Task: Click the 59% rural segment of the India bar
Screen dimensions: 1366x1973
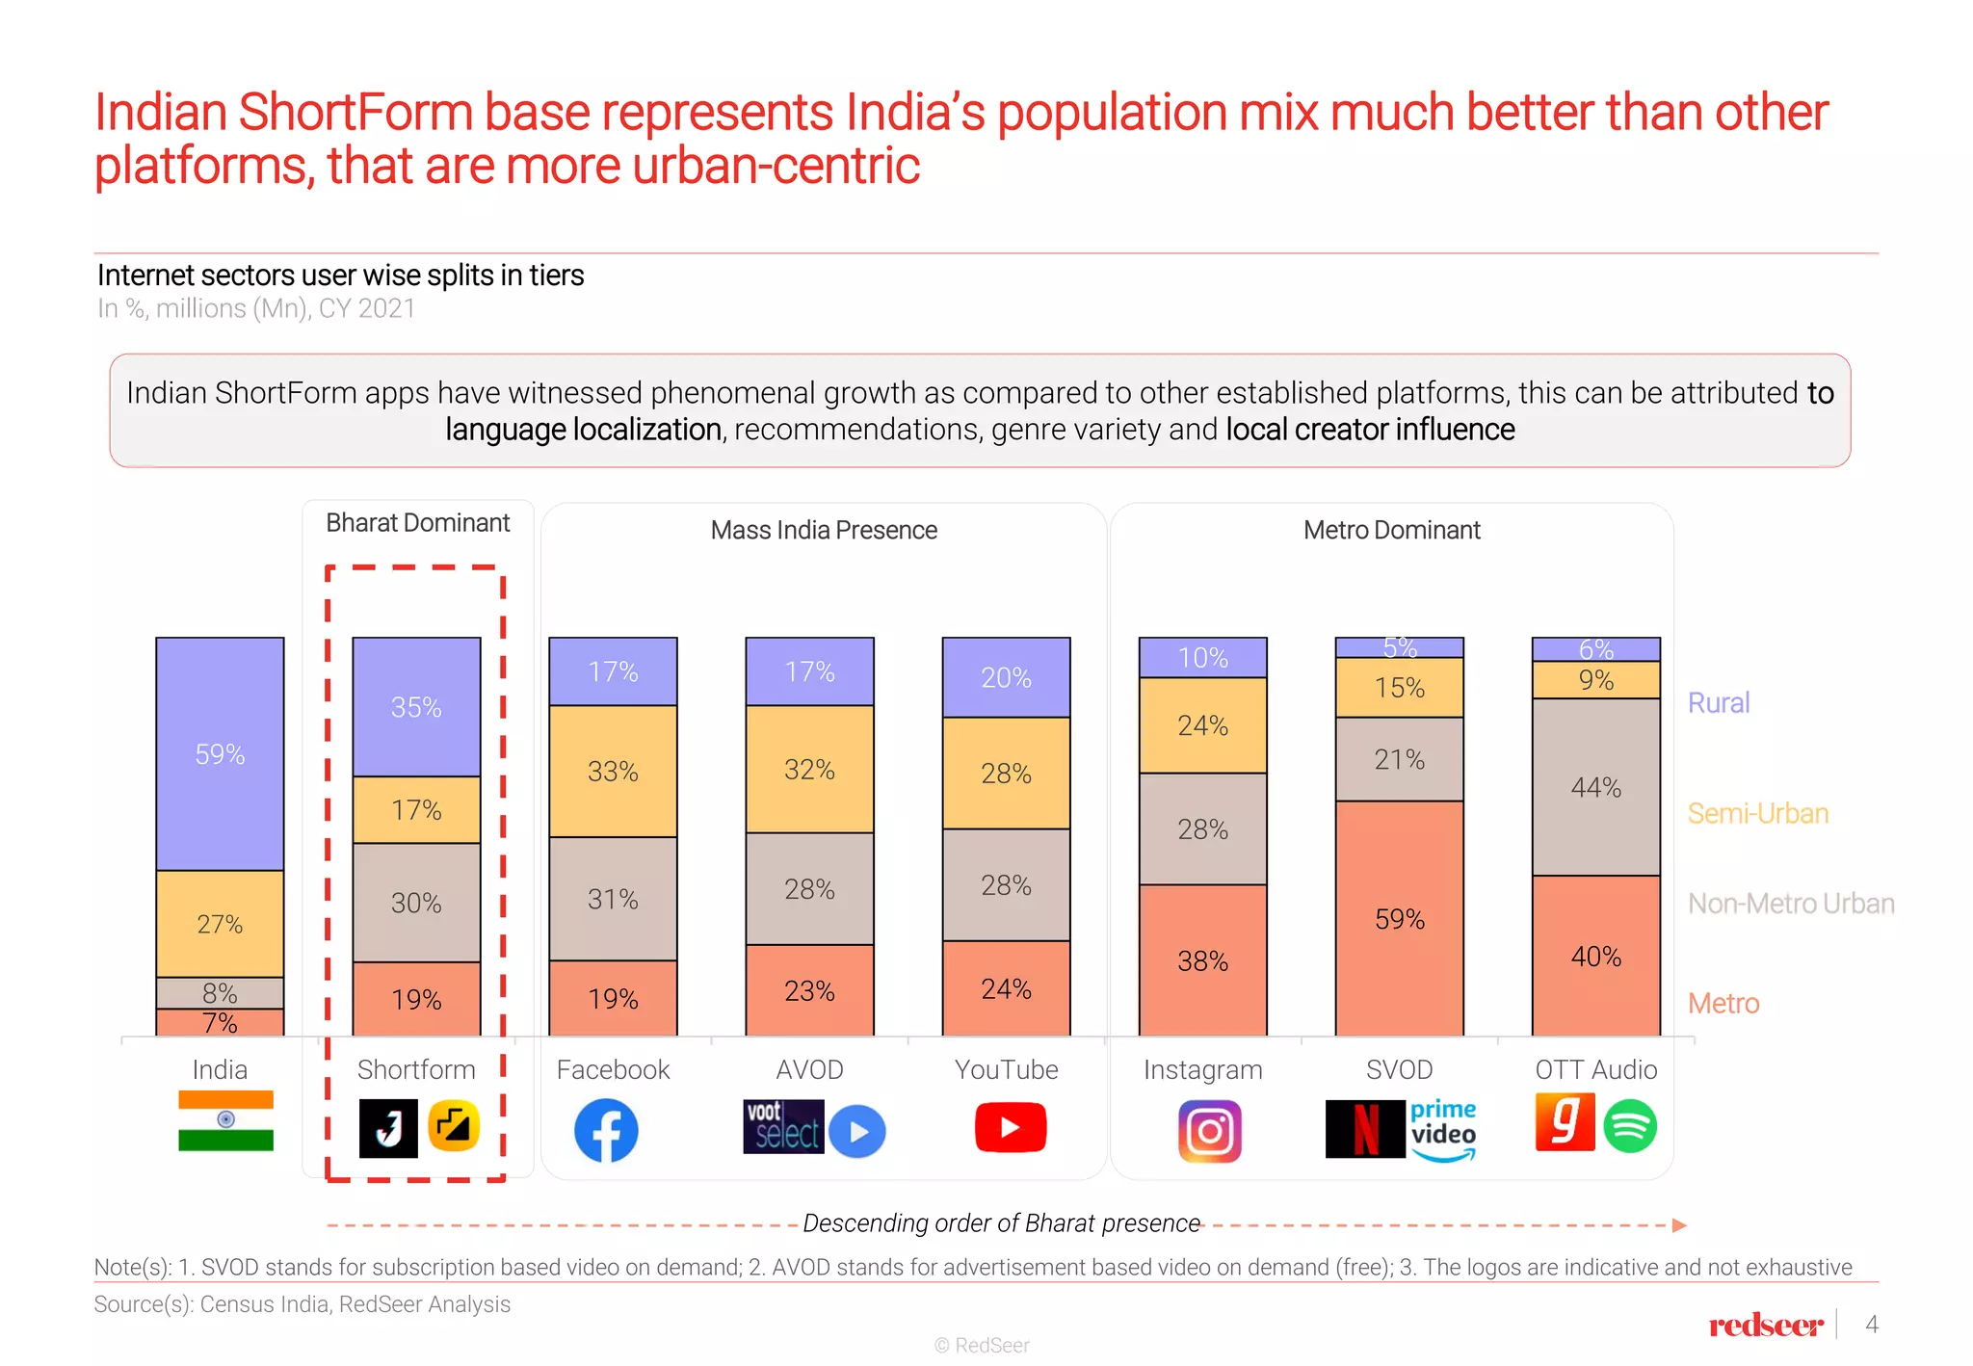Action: click(x=220, y=753)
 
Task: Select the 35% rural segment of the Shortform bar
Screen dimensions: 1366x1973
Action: click(x=416, y=707)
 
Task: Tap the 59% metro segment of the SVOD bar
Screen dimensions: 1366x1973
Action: click(x=1399, y=918)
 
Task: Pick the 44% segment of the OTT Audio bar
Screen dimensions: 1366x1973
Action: click(x=1595, y=787)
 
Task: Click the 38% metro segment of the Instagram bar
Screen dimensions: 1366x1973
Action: click(x=1202, y=960)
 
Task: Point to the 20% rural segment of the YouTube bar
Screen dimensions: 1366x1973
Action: click(x=1006, y=677)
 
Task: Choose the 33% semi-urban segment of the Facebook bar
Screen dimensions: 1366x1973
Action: click(x=613, y=771)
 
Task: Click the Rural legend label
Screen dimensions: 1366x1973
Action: click(x=1718, y=702)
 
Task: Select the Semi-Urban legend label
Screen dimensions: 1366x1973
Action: click(x=1757, y=813)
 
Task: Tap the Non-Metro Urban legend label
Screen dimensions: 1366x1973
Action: click(x=1790, y=904)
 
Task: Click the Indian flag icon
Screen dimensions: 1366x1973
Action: click(x=225, y=1120)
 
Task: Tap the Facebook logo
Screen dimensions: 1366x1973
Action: click(x=606, y=1130)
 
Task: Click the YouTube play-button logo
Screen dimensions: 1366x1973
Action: click(x=1010, y=1127)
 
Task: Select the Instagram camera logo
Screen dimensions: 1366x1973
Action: click(x=1209, y=1131)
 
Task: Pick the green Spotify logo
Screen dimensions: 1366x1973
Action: click(x=1630, y=1126)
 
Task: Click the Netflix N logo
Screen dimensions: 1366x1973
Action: click(x=1365, y=1129)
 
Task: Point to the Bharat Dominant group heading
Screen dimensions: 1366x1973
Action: click(x=417, y=523)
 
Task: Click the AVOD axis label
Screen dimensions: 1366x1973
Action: click(x=809, y=1069)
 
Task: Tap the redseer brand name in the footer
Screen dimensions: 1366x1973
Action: click(x=1766, y=1326)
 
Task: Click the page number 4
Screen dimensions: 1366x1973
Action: click(x=1871, y=1325)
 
